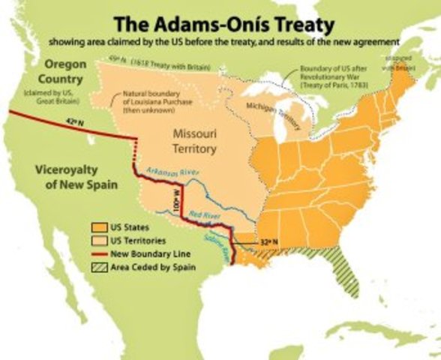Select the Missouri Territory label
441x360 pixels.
(x=194, y=141)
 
